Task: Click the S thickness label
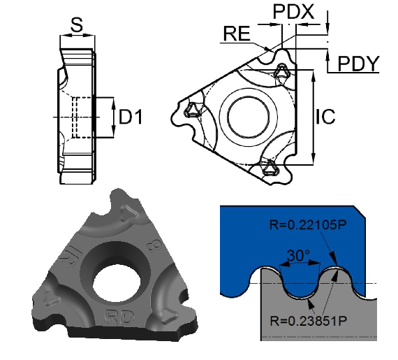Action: pyautogui.click(x=77, y=26)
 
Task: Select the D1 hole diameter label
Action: pyautogui.click(x=130, y=117)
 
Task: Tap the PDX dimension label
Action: pyautogui.click(x=293, y=12)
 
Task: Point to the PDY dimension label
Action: pyautogui.click(x=358, y=64)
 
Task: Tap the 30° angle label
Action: pyautogui.click(x=293, y=257)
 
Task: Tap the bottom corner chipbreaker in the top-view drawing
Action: pyautogui.click(x=269, y=168)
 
